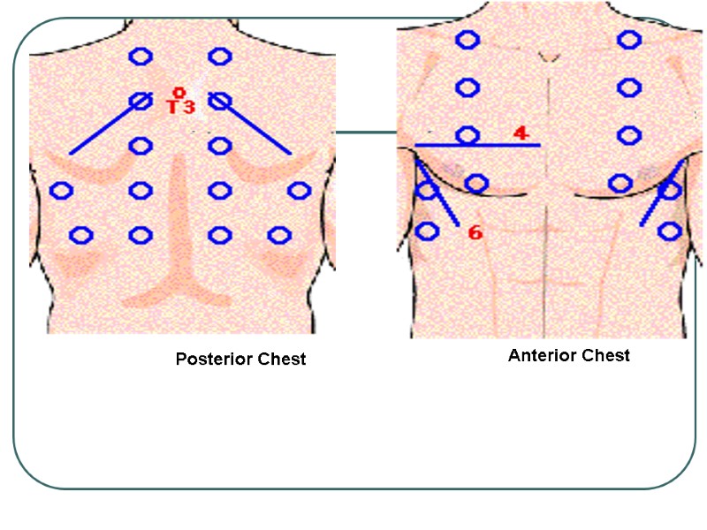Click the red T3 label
pyautogui.click(x=180, y=107)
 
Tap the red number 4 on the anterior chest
pyautogui.click(x=521, y=133)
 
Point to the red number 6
pyautogui.click(x=475, y=233)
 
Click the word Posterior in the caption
pyautogui.click(x=211, y=360)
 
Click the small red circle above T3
pyautogui.click(x=179, y=92)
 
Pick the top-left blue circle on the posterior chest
pyautogui.click(x=140, y=57)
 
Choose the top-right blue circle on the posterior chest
pyautogui.click(x=219, y=57)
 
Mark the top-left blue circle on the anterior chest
pyautogui.click(x=468, y=39)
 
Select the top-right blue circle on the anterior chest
pyautogui.click(x=629, y=39)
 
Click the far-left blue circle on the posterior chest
pyautogui.click(x=61, y=190)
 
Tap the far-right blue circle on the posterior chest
pyautogui.click(x=299, y=190)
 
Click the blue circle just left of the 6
pyautogui.click(x=427, y=231)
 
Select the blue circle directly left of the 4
pyautogui.click(x=468, y=135)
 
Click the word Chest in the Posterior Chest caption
pyautogui.click(x=277, y=360)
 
